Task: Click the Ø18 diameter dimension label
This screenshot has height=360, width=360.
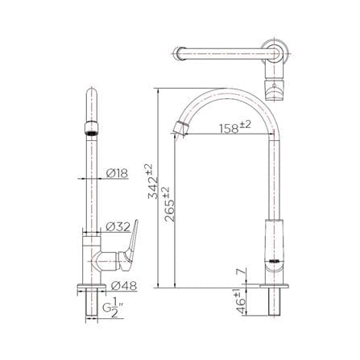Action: click(117, 173)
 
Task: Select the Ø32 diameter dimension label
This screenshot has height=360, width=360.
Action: click(118, 226)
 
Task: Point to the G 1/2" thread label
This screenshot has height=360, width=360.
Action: click(113, 308)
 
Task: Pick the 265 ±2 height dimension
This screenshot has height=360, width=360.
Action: click(169, 205)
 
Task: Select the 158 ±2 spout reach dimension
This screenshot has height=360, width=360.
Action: click(235, 127)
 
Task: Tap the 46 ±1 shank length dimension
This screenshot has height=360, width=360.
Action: click(241, 301)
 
